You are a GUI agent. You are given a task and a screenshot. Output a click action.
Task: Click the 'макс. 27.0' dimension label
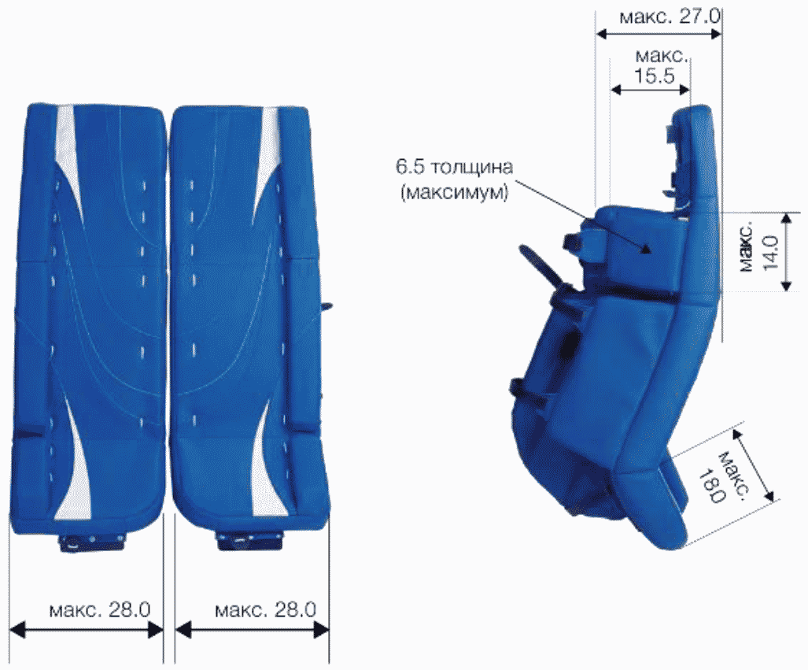[670, 16]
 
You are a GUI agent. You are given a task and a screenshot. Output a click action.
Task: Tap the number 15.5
[654, 76]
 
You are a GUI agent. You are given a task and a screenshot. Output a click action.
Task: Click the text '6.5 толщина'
[454, 167]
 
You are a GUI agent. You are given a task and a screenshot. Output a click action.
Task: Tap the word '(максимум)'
[454, 192]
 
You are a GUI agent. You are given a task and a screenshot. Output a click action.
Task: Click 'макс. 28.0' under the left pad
[99, 610]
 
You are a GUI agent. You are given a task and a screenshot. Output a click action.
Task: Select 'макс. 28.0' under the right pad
[265, 610]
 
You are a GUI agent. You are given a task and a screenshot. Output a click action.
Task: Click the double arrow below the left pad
[87, 629]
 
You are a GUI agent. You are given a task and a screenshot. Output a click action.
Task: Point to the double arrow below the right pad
[252, 629]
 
